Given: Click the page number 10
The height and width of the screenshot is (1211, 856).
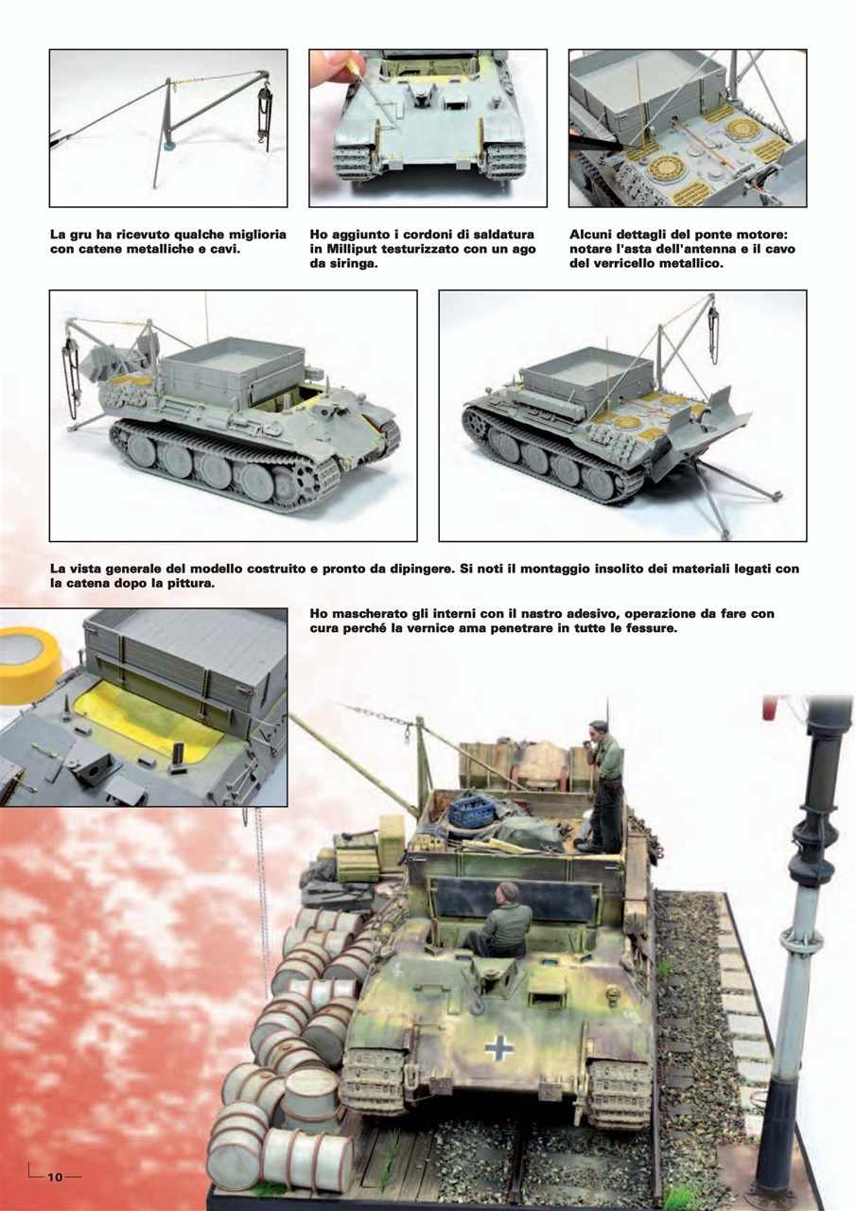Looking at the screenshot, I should pyautogui.click(x=55, y=1176).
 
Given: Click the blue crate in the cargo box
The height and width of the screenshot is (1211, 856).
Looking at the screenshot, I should pyautogui.click(x=474, y=812).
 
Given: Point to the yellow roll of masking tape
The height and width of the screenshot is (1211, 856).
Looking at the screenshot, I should pyautogui.click(x=26, y=662).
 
